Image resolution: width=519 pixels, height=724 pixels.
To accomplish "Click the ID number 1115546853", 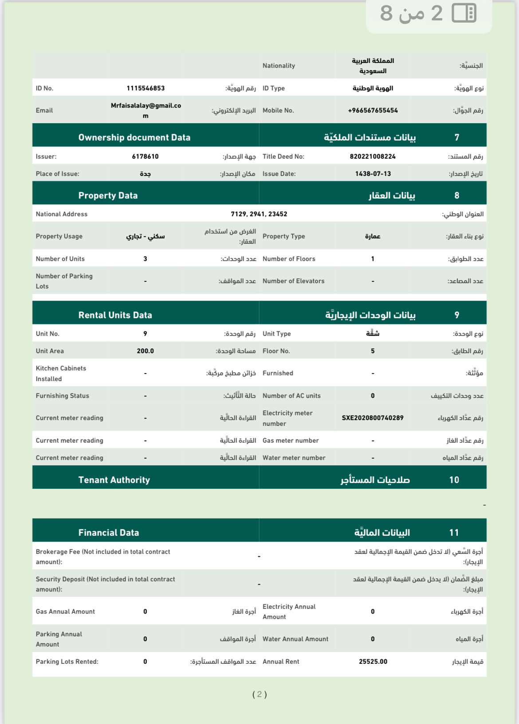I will [x=145, y=88].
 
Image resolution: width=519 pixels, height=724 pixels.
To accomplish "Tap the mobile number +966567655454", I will [x=373, y=110].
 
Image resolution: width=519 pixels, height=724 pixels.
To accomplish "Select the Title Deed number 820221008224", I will [x=373, y=156].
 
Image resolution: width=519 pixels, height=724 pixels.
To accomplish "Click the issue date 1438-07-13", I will [x=373, y=174].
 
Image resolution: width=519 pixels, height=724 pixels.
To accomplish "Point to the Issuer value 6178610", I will [x=145, y=156].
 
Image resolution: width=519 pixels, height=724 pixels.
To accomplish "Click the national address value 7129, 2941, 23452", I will [x=259, y=214].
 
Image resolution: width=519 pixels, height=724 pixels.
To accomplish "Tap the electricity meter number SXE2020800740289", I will [x=373, y=418].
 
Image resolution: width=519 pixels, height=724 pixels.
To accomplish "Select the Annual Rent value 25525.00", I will [x=373, y=662].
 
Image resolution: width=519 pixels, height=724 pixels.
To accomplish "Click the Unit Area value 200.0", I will [x=145, y=351].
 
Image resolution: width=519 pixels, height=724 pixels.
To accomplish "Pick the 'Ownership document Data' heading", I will [x=134, y=137].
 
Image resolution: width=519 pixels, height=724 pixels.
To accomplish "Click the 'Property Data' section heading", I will [x=108, y=195].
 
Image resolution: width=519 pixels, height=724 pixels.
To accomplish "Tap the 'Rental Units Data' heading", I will [x=115, y=315].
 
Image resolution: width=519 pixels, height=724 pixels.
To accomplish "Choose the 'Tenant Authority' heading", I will [x=114, y=480].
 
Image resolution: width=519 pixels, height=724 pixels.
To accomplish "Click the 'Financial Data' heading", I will [x=109, y=533].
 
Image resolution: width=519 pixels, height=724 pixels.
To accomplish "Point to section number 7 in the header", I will [x=457, y=137].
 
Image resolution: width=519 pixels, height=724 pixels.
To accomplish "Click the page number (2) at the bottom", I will [x=259, y=694].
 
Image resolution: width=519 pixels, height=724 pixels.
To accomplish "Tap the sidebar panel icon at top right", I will [x=464, y=13].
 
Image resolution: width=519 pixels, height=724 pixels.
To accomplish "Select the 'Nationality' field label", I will [x=279, y=66].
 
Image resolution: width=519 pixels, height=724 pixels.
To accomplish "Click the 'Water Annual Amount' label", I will [x=295, y=639].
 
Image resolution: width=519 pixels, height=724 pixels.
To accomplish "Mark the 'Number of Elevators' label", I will [x=293, y=281].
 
